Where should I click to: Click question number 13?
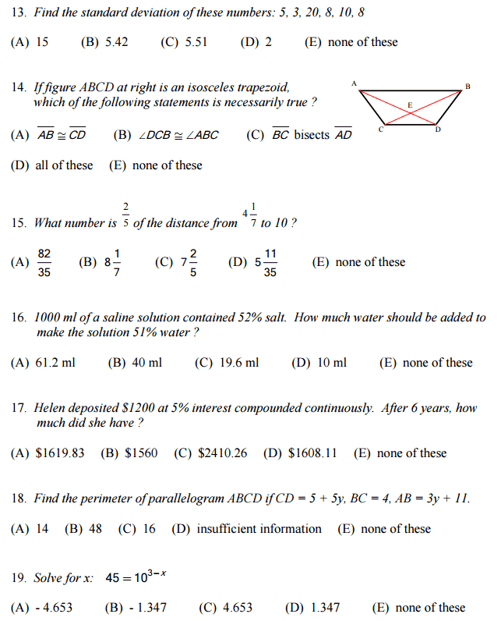pyautogui.click(x=19, y=12)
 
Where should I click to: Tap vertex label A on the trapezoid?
pyautogui.click(x=354, y=83)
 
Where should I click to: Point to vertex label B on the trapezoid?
pyautogui.click(x=467, y=85)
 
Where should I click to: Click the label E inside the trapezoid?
pyautogui.click(x=411, y=105)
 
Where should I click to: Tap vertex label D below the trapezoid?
pyautogui.click(x=438, y=130)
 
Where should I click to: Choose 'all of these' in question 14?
pyautogui.click(x=64, y=165)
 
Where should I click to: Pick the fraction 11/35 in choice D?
pyautogui.click(x=270, y=263)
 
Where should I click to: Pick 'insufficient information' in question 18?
pyautogui.click(x=259, y=529)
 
